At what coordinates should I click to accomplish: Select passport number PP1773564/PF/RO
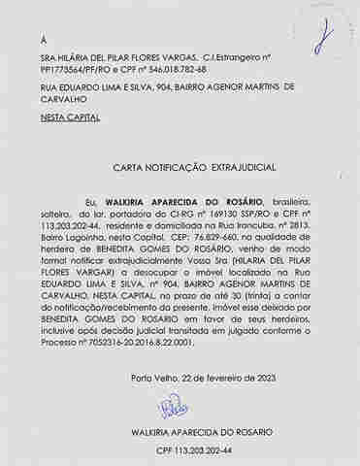69,70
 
